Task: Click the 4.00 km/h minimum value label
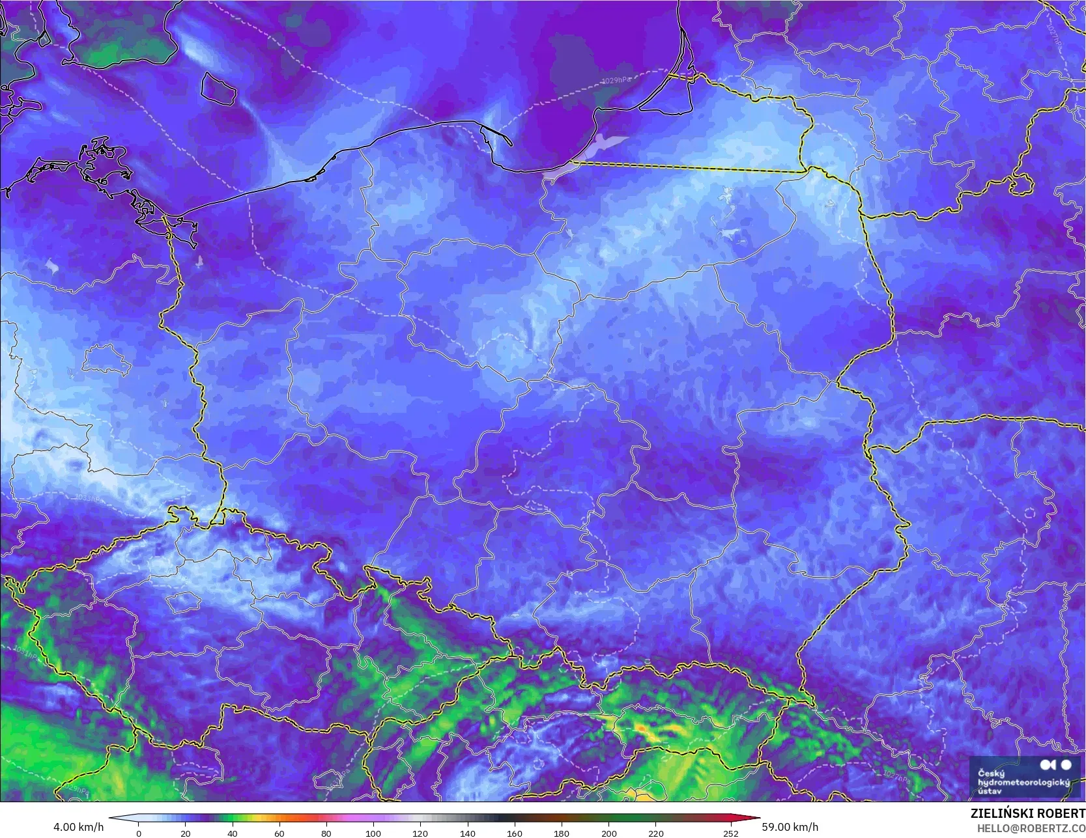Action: pos(78,827)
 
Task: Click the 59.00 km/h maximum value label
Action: pos(790,827)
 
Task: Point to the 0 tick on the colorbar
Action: pos(138,833)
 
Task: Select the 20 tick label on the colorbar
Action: pos(186,833)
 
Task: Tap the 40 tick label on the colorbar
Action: pos(233,833)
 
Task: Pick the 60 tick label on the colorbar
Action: pos(279,833)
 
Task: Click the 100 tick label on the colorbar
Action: pos(373,833)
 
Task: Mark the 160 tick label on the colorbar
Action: pos(515,833)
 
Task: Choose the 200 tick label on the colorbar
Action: pos(608,833)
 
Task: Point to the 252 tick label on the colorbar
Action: pos(731,833)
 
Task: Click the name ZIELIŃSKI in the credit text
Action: pos(998,814)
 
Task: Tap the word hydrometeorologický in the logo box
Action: pos(1023,782)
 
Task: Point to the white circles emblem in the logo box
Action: pos(1056,765)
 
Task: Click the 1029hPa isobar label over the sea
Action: pos(616,81)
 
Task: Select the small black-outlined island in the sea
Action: pos(218,89)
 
